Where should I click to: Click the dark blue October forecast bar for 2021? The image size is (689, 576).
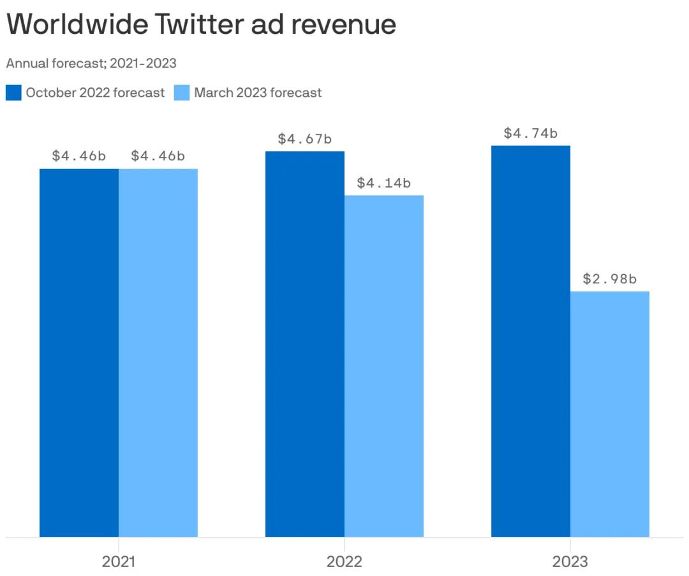pos(79,352)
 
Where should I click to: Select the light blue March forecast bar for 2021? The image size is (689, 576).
pos(158,352)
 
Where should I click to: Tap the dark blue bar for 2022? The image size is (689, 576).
pos(305,344)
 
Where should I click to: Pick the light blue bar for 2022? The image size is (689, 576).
pos(384,366)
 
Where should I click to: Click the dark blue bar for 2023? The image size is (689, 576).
pos(531,341)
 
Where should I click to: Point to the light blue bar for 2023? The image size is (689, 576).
pos(610,414)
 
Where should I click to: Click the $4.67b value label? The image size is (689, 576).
pos(305,138)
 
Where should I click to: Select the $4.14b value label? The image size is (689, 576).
pos(384,183)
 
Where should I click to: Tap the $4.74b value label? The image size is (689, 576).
pos(531,133)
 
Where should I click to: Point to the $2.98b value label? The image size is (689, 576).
pos(610,279)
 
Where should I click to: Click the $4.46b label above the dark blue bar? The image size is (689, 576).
pos(79,156)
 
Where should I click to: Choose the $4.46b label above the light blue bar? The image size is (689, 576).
pos(158,156)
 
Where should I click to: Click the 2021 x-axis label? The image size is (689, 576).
pos(119,562)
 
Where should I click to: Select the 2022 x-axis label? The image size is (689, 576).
pos(344,562)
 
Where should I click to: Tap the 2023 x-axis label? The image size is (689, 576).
pos(570,562)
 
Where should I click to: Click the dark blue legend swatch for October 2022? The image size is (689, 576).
pos(13,92)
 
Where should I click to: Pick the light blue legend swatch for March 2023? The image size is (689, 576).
pos(182,92)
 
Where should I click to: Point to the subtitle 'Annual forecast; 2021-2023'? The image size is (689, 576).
pos(91,63)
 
